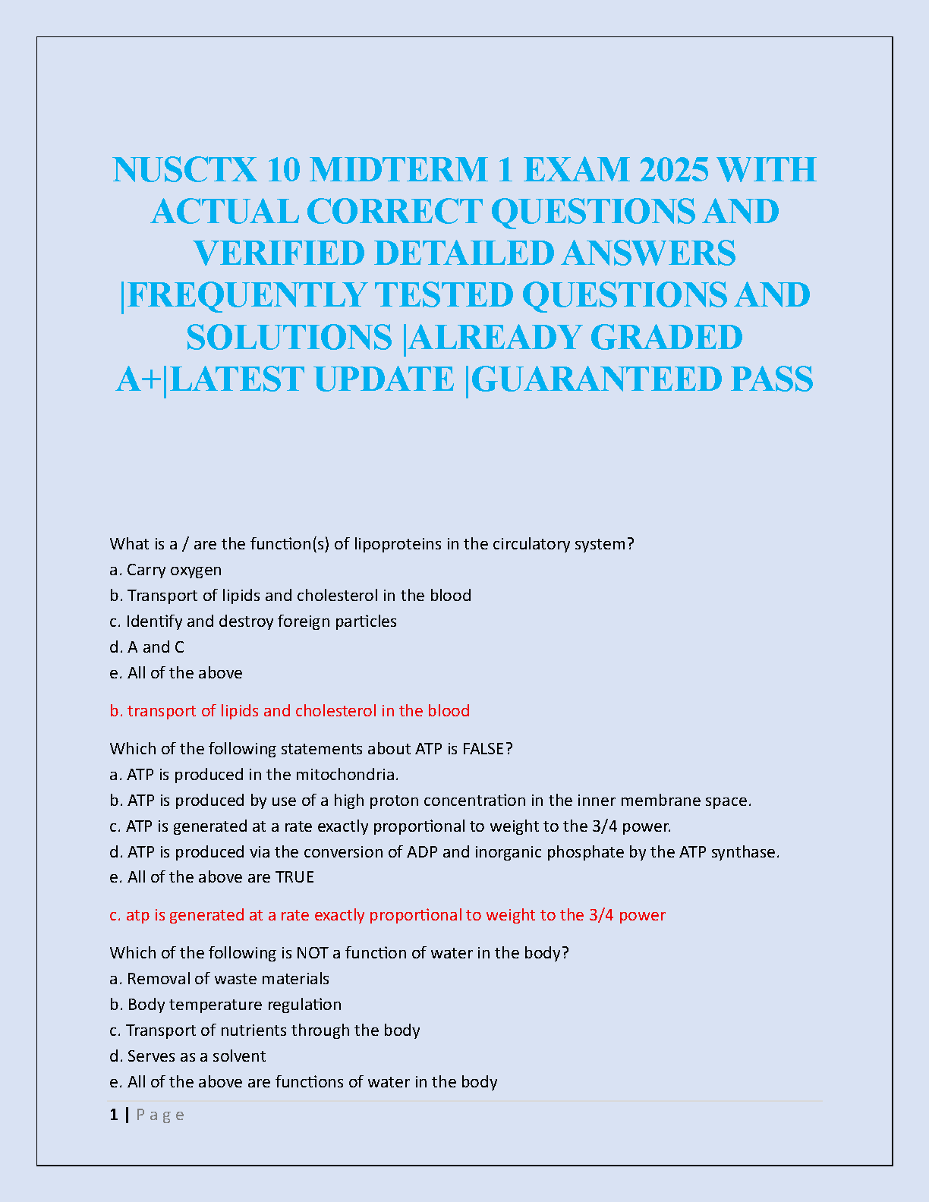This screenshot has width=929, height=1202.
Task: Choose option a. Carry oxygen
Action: tap(165, 570)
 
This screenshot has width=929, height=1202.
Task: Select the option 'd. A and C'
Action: tap(146, 647)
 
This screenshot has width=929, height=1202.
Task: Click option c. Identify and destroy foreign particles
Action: tap(253, 621)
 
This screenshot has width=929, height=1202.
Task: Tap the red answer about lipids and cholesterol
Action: tap(289, 711)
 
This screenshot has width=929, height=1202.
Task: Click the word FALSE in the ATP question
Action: tap(487, 749)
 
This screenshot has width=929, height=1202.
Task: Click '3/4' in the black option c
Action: tap(605, 826)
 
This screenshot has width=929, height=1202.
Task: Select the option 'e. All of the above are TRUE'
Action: tap(212, 877)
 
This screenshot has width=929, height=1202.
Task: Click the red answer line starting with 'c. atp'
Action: tap(387, 915)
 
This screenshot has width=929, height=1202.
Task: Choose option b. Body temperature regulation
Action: tap(225, 1005)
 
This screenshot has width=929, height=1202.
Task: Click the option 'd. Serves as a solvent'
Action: tap(187, 1056)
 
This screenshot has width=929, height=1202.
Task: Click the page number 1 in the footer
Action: tap(114, 1115)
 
